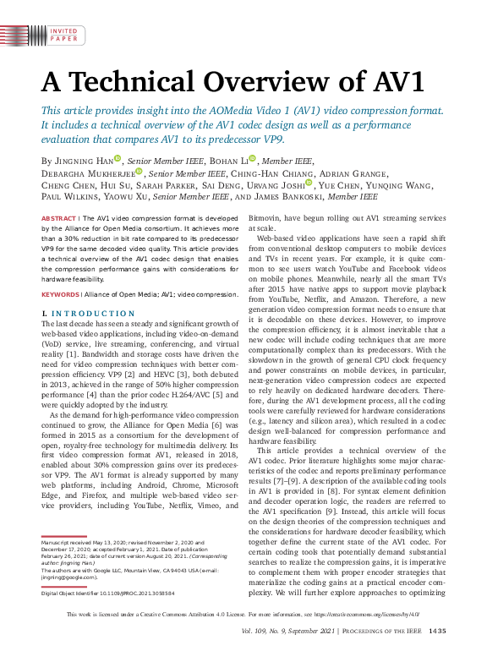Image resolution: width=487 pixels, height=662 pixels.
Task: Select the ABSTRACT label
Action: [x=58, y=218]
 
